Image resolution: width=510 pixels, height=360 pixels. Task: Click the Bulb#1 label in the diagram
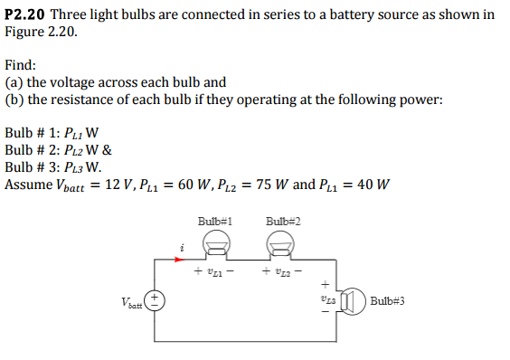[x=215, y=221]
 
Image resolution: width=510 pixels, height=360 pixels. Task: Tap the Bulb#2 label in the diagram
[x=283, y=221]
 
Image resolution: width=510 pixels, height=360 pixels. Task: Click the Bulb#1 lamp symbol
[x=214, y=242]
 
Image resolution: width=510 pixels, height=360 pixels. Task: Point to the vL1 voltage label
[x=214, y=271]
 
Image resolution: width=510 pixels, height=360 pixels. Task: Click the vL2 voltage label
[x=282, y=271]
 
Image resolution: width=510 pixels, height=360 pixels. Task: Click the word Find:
[x=22, y=65]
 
